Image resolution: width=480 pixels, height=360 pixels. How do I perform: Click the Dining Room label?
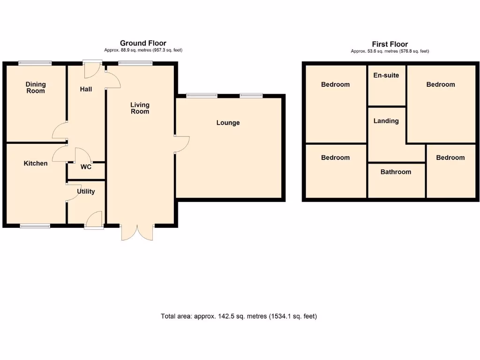(36, 88)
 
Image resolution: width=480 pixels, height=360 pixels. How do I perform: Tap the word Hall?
(86, 89)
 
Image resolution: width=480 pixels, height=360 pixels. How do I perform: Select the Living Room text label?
(140, 108)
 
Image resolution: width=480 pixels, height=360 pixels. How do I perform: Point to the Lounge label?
(228, 123)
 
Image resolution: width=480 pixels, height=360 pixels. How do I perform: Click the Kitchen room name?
(36, 164)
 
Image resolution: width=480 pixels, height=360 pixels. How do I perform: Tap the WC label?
(86, 167)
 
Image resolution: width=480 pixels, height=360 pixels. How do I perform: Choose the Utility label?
(86, 191)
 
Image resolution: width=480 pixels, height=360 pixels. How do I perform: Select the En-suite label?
(386, 75)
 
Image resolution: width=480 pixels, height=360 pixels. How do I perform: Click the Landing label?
(386, 121)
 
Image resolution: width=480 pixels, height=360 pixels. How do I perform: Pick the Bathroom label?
(396, 172)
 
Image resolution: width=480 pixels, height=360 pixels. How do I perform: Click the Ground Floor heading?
(143, 43)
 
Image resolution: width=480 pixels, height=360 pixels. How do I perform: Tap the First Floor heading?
(390, 45)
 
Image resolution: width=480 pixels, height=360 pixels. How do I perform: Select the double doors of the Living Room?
(137, 232)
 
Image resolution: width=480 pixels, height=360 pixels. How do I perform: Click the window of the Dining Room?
(35, 63)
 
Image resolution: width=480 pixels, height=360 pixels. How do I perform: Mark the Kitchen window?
(35, 226)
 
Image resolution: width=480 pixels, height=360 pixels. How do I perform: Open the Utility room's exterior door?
(94, 220)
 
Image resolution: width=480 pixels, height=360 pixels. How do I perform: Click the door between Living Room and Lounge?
(182, 144)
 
